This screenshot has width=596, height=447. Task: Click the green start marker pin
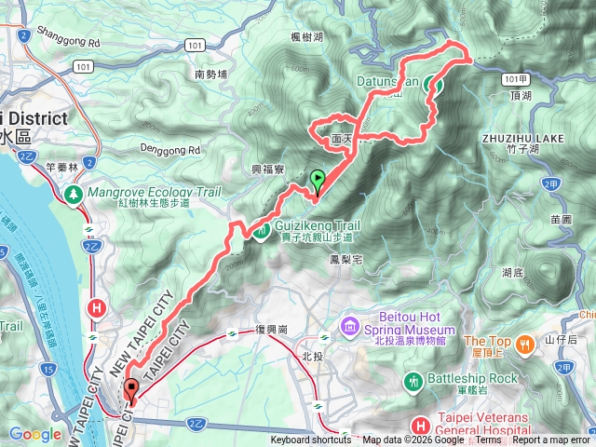point(317,180)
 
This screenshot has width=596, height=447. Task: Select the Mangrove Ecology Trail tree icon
point(73,193)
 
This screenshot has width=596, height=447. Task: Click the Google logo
point(34,433)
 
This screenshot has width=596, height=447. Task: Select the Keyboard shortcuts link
point(311,440)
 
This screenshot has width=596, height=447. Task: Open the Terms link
point(489,440)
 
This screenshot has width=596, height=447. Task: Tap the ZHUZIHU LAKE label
point(523,138)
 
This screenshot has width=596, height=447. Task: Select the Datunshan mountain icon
point(433,85)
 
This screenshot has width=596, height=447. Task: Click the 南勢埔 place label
point(212,74)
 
